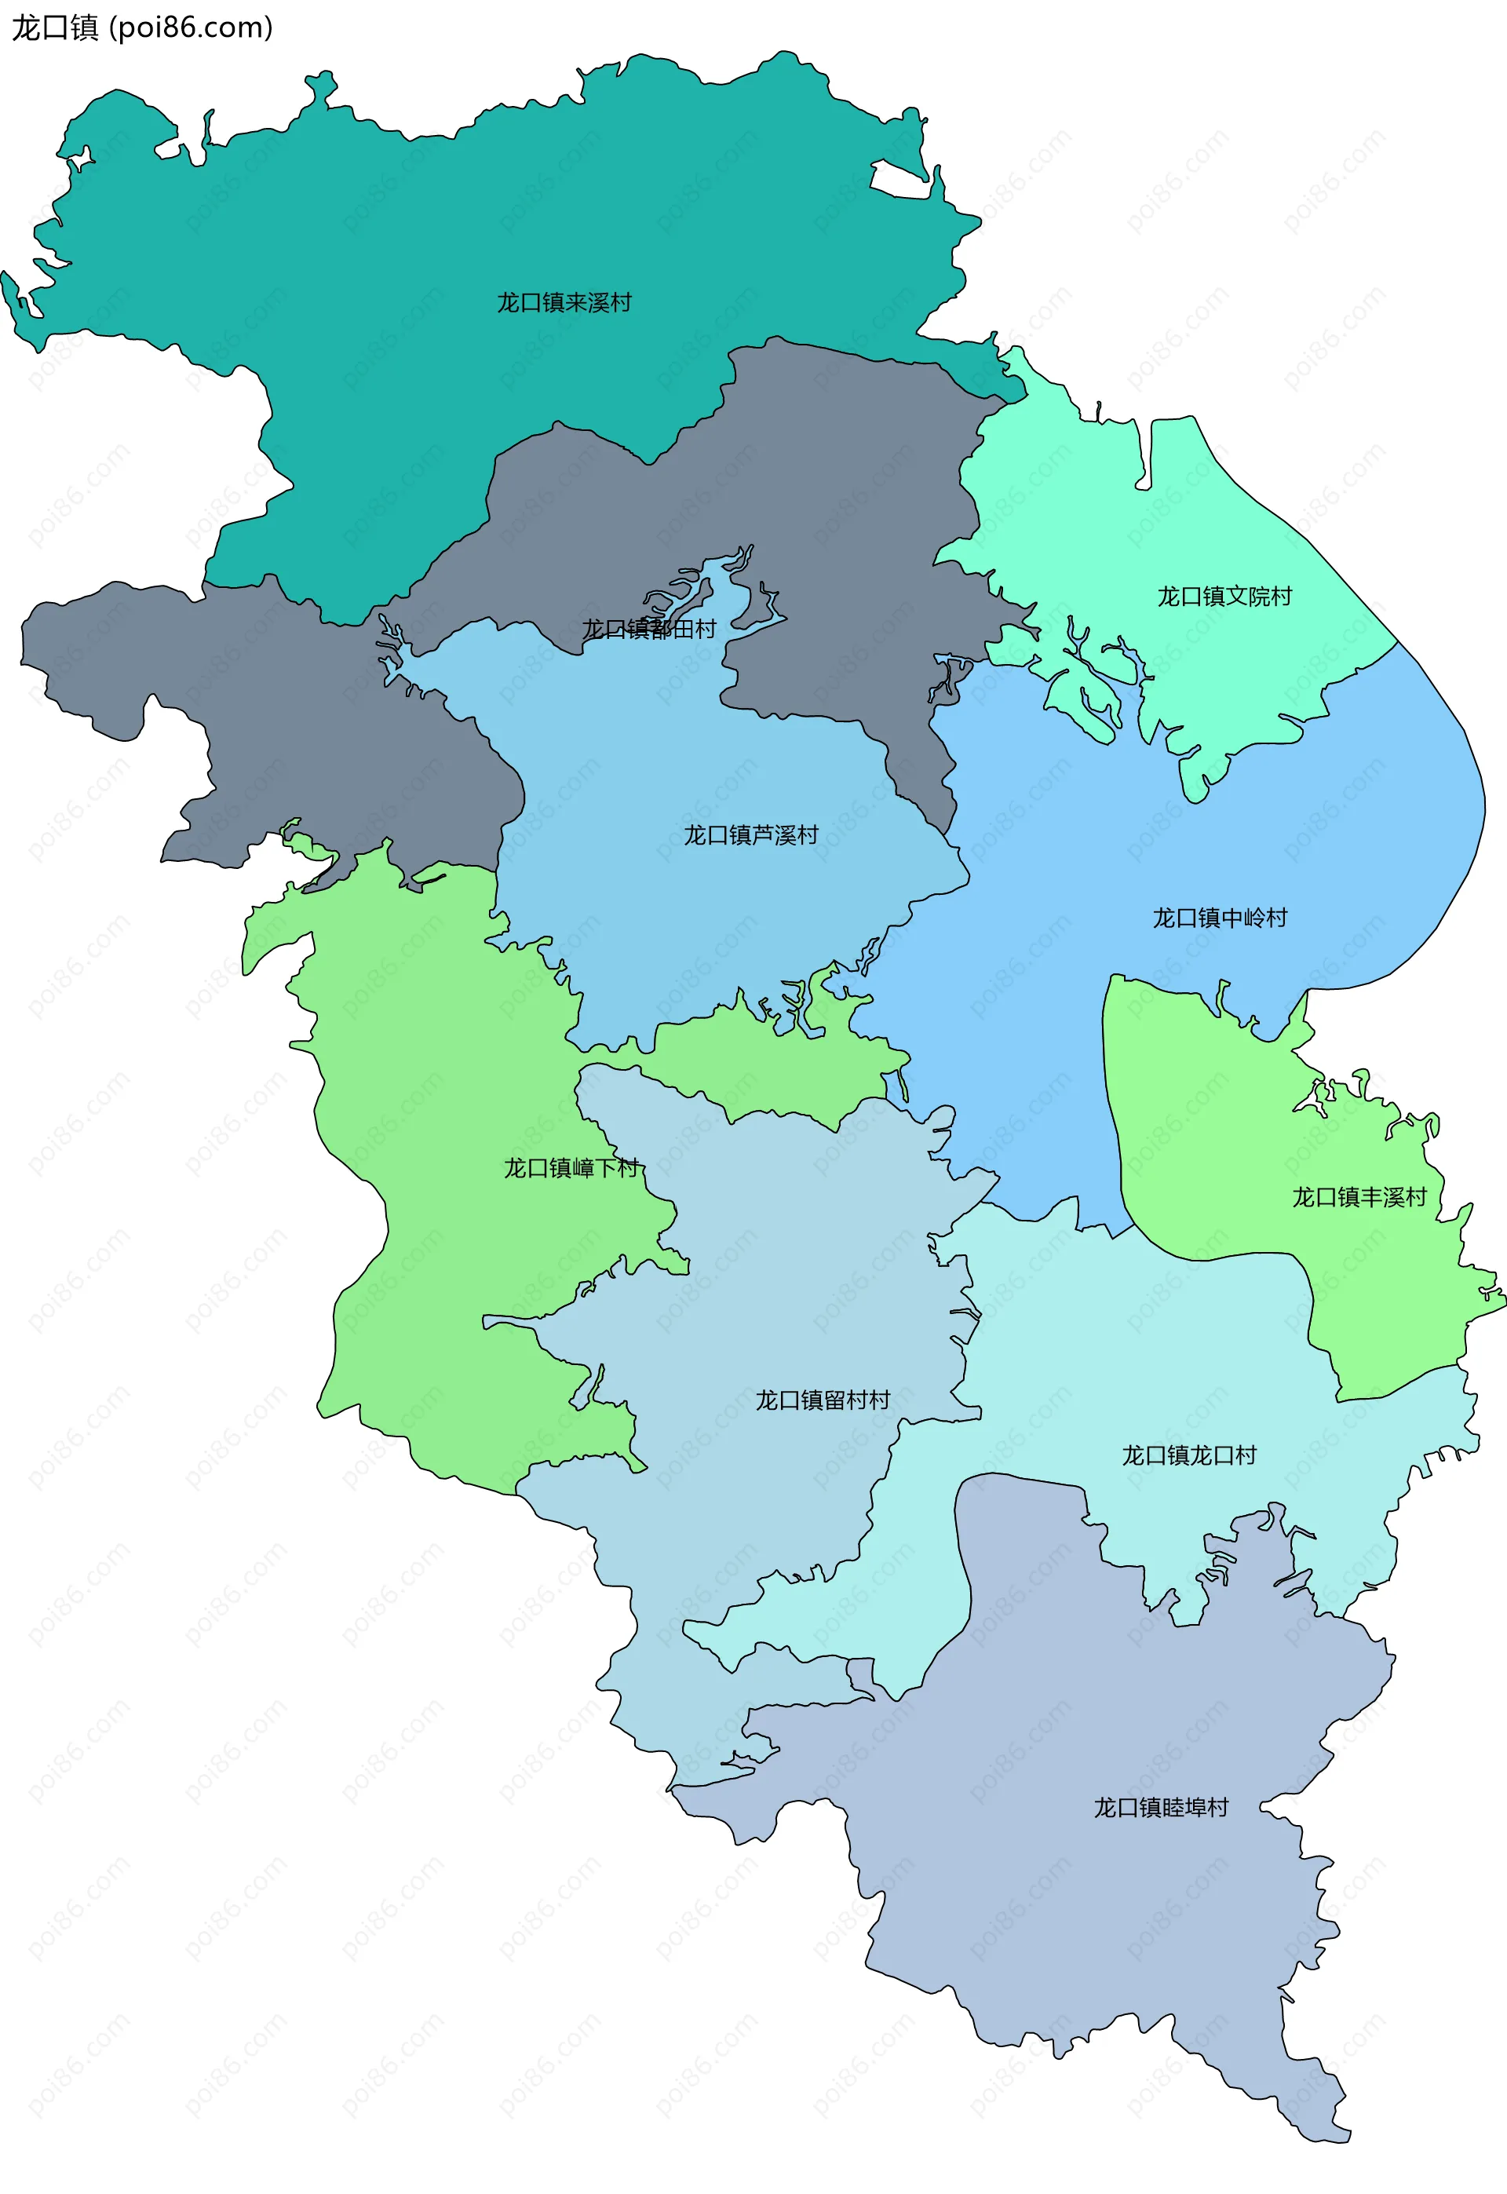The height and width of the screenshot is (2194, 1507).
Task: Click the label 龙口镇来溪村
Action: [564, 303]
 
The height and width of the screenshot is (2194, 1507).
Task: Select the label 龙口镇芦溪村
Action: [750, 835]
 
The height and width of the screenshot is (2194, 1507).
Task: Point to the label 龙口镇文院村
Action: [1224, 597]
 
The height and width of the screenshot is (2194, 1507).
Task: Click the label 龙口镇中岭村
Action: [1219, 918]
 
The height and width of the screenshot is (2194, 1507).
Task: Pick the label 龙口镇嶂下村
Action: [571, 1169]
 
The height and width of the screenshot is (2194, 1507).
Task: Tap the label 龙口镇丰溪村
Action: [1359, 1198]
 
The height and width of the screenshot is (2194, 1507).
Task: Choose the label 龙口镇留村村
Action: [823, 1400]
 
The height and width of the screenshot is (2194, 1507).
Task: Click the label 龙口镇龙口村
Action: [1189, 1456]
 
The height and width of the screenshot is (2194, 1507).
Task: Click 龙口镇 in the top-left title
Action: [55, 28]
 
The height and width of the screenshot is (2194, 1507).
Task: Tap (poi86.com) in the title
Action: [192, 28]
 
